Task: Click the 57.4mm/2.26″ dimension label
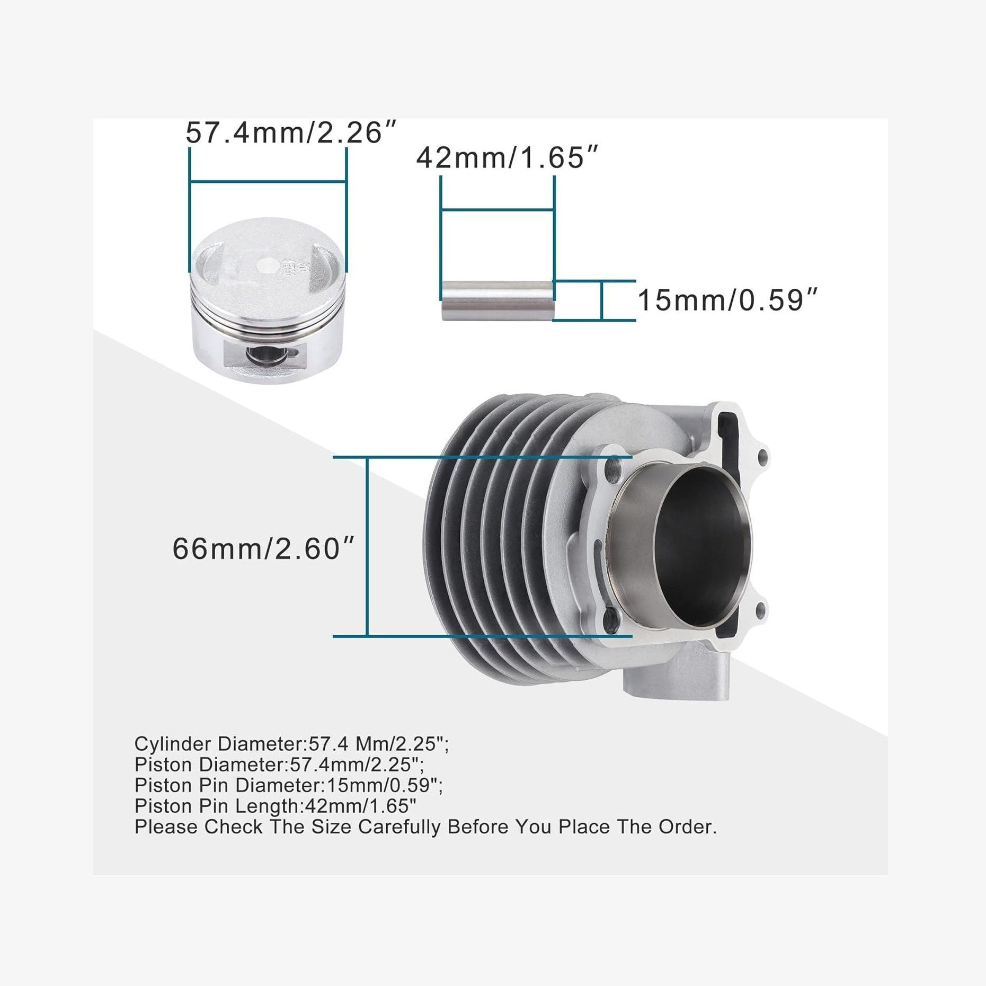pos(291,132)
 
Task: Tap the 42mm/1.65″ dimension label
pos(508,157)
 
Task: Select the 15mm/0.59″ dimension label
pos(727,300)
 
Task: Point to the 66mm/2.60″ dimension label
pos(263,548)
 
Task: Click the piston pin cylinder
pos(498,300)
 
